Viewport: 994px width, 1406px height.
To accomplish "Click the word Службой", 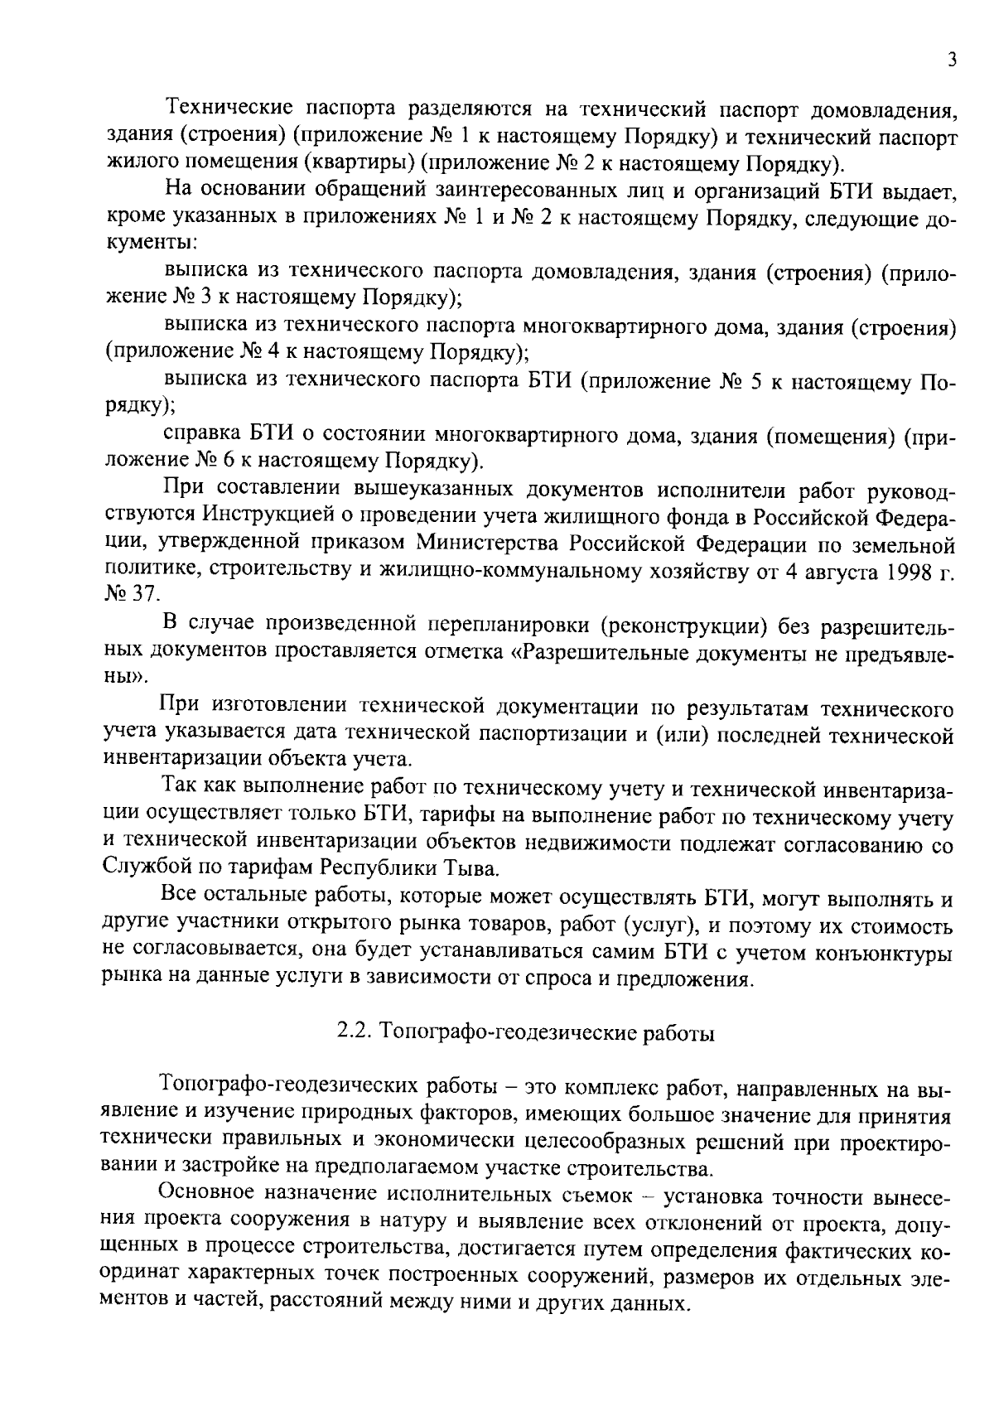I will coord(143,869).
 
